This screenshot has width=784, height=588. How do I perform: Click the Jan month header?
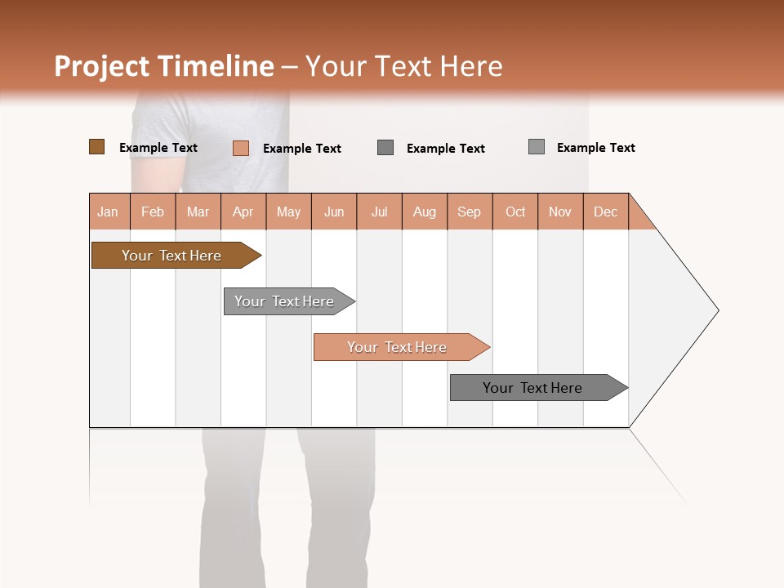[109, 212]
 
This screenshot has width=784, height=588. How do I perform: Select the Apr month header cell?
[243, 212]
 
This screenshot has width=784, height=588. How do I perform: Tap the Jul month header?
[379, 212]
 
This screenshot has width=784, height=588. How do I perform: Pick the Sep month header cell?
[470, 212]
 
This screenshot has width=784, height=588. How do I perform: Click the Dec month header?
[605, 212]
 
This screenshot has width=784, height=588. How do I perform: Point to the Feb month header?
[153, 212]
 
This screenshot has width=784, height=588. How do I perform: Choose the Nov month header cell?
[560, 212]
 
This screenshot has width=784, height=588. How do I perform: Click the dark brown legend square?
[96, 147]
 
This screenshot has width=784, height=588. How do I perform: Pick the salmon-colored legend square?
[241, 148]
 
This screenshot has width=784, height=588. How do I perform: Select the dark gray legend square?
[385, 147]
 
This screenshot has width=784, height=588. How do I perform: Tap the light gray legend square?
[537, 147]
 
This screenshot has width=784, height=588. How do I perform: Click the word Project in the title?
[101, 66]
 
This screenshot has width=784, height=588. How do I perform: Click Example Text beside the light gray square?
[595, 148]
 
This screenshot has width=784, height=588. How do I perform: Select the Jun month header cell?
[334, 212]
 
